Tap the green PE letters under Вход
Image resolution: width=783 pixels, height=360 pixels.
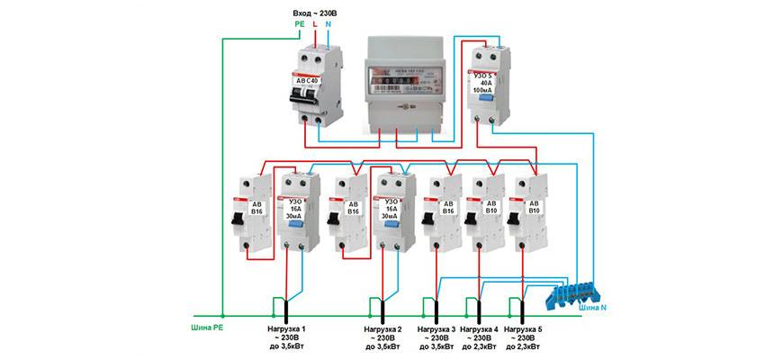click(x=300, y=24)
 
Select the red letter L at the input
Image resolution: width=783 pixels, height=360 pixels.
click(x=314, y=24)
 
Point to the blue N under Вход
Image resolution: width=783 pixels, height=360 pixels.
click(x=328, y=24)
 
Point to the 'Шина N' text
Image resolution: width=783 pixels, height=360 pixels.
click(x=592, y=309)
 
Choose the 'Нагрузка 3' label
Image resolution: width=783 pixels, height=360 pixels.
click(x=436, y=328)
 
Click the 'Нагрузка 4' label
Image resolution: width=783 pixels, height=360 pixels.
click(x=479, y=328)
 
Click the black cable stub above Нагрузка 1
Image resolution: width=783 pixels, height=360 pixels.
click(x=287, y=310)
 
